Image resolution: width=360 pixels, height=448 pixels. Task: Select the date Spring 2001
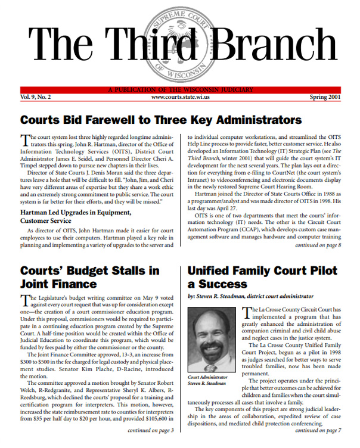325,96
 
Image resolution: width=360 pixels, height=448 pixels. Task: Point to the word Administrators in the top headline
255,120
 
